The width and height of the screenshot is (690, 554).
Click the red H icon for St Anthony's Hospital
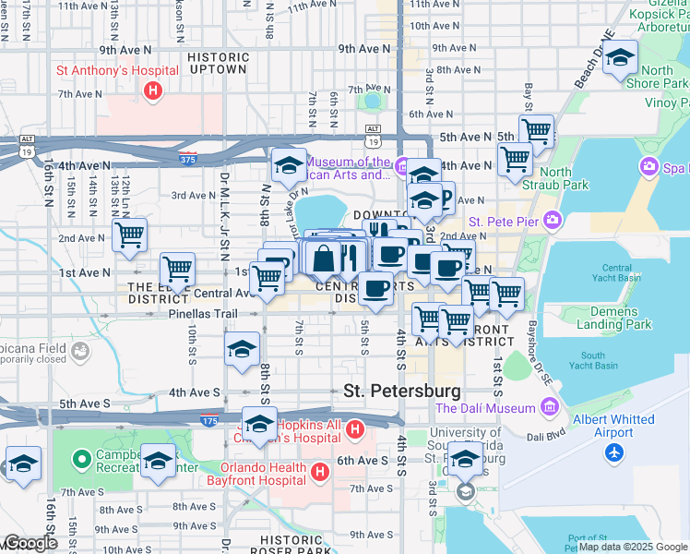coord(153,90)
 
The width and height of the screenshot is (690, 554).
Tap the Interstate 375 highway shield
coord(188,158)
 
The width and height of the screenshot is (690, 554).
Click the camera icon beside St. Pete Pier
coord(553,220)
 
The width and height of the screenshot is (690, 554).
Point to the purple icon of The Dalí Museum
coord(551,407)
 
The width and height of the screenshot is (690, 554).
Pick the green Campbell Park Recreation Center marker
coord(81,457)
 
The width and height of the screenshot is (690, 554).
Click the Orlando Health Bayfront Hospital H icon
coord(319,472)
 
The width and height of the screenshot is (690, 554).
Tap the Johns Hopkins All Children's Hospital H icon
coord(356,429)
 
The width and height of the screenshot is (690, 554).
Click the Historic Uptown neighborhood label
coord(218,63)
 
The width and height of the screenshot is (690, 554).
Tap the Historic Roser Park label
coord(296,539)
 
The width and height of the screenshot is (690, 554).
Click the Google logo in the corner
coord(30,543)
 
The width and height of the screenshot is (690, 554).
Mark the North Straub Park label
coord(564,178)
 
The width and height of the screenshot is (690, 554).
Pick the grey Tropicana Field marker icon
coord(81,351)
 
